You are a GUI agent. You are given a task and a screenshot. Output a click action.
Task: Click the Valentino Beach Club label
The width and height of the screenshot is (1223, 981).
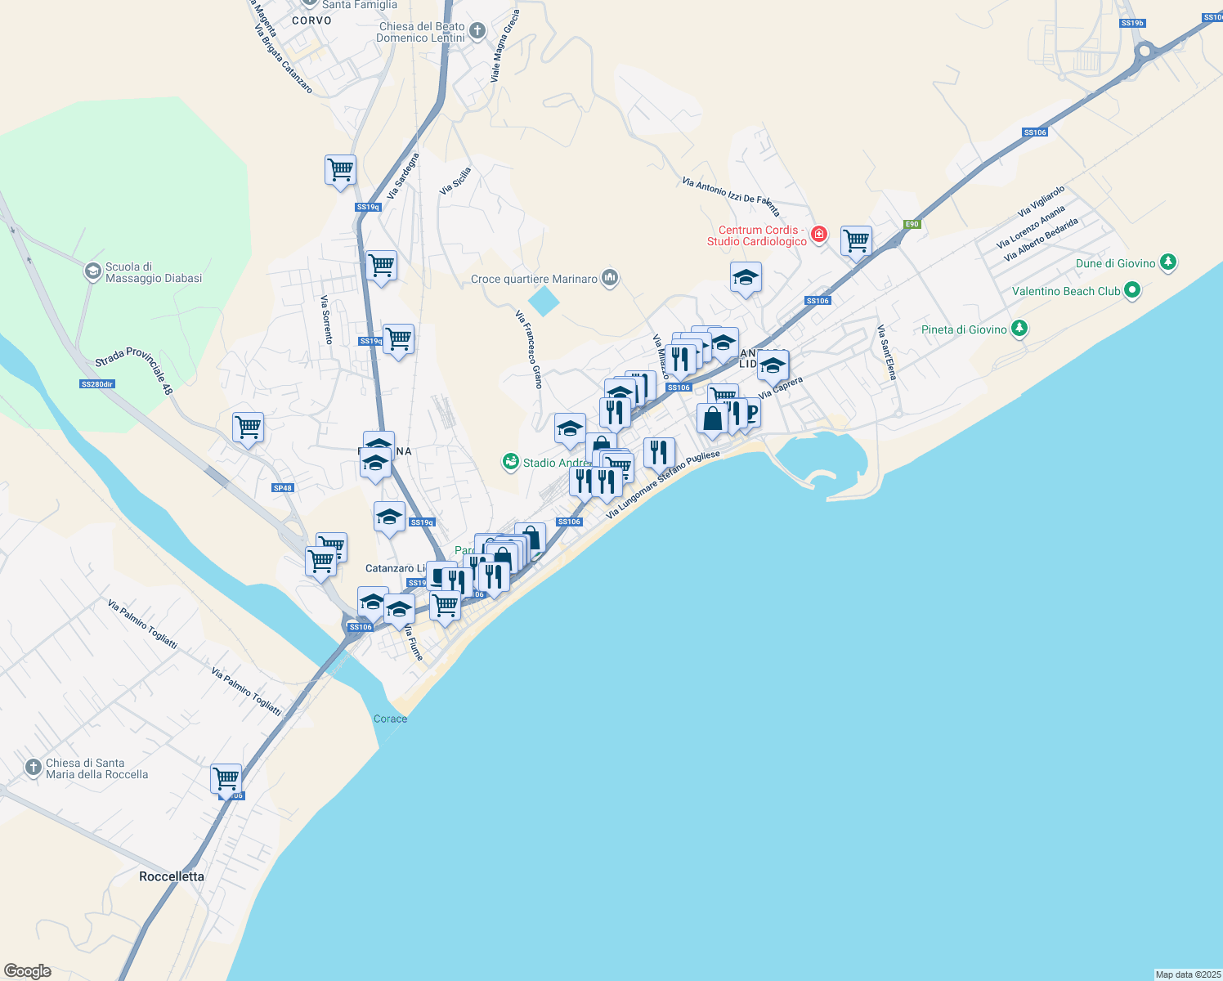coord(1066,291)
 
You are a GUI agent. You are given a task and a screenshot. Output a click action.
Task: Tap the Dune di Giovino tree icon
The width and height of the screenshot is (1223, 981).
coord(1169,262)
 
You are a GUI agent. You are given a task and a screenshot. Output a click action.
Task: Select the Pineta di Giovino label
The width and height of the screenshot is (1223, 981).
coord(964,329)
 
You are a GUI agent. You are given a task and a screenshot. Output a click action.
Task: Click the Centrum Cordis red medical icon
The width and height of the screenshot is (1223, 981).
coord(819,235)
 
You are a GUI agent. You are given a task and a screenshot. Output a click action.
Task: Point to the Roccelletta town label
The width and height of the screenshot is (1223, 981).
coord(172,876)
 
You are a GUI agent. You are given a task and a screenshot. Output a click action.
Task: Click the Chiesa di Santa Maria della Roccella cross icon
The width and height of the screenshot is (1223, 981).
coord(33,768)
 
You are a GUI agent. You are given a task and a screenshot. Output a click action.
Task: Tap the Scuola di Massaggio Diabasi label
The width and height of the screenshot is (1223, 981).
coord(154,272)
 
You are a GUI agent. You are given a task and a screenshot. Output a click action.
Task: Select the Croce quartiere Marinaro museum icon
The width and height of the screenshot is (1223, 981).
coord(609,279)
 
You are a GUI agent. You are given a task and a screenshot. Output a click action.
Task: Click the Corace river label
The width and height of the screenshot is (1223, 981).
coord(390,719)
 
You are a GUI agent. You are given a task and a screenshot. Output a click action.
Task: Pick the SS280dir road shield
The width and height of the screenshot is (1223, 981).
coord(97,384)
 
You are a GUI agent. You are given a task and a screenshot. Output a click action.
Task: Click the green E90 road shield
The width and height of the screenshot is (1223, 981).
coord(912,224)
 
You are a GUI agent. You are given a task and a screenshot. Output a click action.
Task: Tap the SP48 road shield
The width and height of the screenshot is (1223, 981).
coord(283,488)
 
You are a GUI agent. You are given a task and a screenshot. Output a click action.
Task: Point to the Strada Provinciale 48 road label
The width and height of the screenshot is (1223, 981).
coord(134,370)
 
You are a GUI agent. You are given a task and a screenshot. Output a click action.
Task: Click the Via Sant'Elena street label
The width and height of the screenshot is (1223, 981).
coord(887,352)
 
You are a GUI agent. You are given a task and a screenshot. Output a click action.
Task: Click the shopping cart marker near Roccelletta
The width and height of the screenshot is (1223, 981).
coord(226,777)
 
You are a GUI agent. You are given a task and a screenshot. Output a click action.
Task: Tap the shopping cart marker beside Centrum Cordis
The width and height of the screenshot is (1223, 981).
coord(856,240)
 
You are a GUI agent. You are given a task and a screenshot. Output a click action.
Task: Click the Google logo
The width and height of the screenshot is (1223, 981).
coord(28,971)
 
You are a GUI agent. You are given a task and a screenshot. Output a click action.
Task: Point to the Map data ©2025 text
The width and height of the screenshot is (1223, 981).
coord(1187,974)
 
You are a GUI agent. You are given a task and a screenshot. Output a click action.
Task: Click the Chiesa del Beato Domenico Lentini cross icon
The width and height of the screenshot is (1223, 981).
coord(477,32)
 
